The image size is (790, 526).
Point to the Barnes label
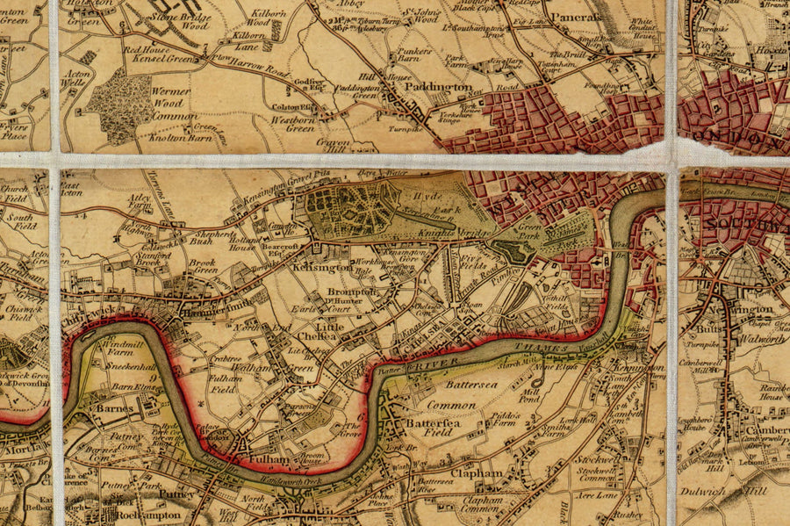[114, 408]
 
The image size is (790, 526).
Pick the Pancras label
[578, 17]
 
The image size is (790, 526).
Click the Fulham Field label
[225, 384]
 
